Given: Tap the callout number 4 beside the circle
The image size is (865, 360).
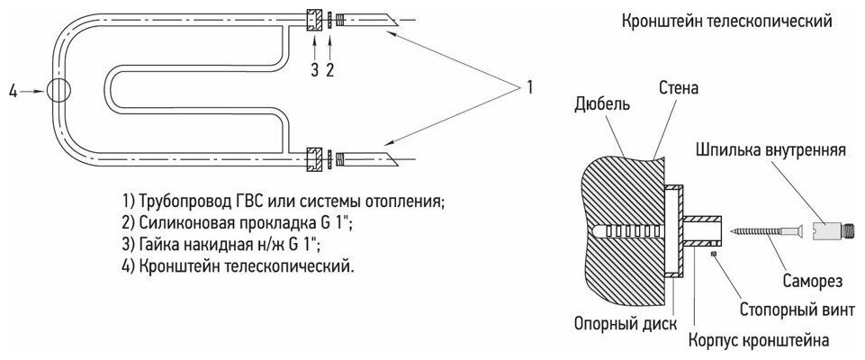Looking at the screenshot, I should (13, 91).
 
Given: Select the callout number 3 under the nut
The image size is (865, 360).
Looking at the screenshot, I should (312, 67).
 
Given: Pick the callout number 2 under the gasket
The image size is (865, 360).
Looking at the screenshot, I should (330, 67).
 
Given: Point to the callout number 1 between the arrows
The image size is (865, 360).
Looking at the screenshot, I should (530, 87).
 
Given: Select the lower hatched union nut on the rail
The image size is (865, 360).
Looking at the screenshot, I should (313, 158).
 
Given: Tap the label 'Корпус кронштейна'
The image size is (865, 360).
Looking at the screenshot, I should (757, 340).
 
